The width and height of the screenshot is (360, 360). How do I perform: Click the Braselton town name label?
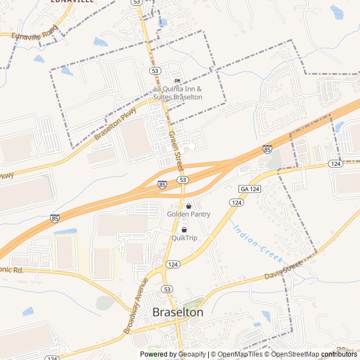[178, 312]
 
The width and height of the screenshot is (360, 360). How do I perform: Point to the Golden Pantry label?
[188, 214]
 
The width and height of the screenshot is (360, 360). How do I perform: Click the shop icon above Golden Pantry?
[188, 206]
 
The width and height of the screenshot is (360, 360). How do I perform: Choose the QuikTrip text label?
[184, 238]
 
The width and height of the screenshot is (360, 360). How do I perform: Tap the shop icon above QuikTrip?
[184, 229]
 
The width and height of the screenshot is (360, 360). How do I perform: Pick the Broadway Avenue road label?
[137, 305]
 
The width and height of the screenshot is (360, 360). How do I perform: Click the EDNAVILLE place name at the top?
[72, 1]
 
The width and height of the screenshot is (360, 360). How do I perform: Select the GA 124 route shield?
[250, 188]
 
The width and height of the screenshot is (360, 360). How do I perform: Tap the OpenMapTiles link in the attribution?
[240, 354]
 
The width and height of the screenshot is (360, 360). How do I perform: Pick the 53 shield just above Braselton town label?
[166, 289]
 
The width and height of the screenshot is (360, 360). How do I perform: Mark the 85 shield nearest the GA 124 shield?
[267, 149]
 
